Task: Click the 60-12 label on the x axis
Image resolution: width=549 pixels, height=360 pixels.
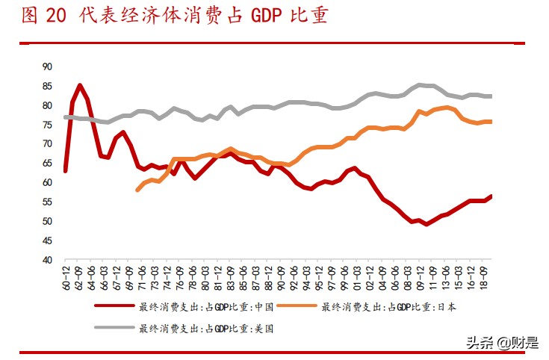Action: click(x=65, y=276)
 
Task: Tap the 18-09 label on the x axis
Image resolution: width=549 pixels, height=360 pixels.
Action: click(x=483, y=276)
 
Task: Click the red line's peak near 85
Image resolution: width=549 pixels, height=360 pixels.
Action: click(x=80, y=85)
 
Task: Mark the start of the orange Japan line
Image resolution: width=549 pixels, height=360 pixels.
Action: click(x=137, y=190)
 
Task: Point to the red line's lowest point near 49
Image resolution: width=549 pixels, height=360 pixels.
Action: click(x=427, y=223)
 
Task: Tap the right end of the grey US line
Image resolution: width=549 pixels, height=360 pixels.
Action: click(x=491, y=96)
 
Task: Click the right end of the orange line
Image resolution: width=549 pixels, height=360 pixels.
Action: click(x=491, y=121)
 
